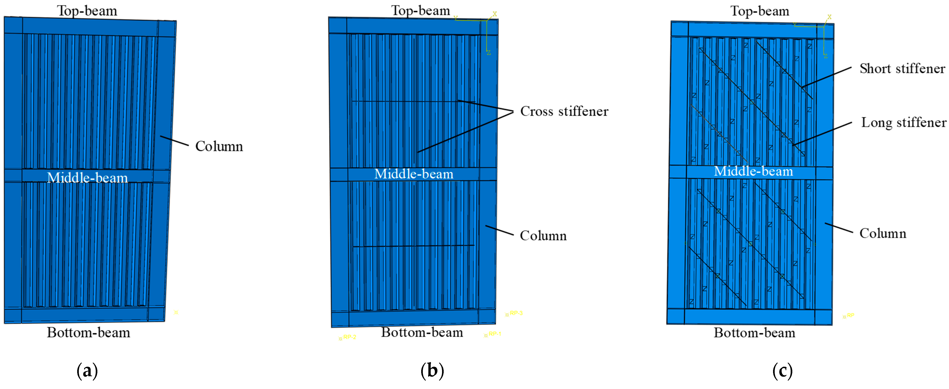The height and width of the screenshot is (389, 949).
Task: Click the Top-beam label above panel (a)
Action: click(87, 11)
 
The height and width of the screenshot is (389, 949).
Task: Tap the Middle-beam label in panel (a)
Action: click(87, 178)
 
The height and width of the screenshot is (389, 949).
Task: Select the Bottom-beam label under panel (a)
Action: click(88, 333)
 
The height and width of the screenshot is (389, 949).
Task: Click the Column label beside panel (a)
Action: click(219, 146)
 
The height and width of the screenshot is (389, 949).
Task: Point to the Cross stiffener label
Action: click(564, 111)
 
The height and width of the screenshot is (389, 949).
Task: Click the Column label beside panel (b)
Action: click(543, 236)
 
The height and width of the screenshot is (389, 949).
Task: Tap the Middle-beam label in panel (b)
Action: click(414, 174)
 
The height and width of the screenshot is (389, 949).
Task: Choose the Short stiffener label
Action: click(902, 68)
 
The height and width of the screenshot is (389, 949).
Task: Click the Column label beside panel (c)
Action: click(883, 233)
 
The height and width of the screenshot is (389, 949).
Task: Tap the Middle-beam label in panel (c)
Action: click(753, 171)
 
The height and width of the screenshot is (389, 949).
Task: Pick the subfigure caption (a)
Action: click(87, 371)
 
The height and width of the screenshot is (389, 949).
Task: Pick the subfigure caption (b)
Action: click(432, 371)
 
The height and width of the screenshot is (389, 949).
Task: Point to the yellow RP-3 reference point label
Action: click(516, 313)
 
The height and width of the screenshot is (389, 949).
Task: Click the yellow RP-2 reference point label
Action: click(349, 337)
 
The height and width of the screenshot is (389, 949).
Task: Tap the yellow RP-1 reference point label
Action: click(494, 334)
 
